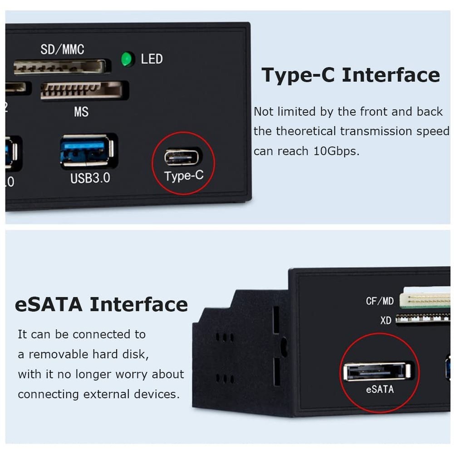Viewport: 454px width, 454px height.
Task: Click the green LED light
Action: [128, 59]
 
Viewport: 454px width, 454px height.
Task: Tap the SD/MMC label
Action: [62, 49]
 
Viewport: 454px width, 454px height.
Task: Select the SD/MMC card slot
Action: [60, 67]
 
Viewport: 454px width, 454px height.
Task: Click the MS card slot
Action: [82, 90]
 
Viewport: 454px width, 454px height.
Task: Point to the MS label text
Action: [81, 112]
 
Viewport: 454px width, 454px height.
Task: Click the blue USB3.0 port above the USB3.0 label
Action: [86, 151]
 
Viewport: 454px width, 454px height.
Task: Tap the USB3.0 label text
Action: [90, 178]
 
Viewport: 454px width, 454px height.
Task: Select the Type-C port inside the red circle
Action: [182, 157]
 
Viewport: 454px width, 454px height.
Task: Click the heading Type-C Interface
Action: [350, 75]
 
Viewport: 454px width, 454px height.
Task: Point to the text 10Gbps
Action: [336, 151]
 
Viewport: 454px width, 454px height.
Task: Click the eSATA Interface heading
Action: [101, 304]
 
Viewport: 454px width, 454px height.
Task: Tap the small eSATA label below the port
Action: [380, 389]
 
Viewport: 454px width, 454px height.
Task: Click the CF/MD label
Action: [380, 301]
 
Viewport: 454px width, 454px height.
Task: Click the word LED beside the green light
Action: [152, 59]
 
